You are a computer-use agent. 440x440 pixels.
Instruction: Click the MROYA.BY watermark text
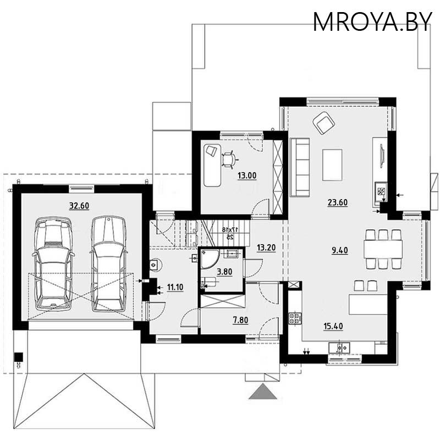[372, 21]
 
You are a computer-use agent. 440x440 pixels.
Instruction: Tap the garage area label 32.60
[79, 206]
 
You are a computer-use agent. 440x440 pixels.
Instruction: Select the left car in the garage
[53, 263]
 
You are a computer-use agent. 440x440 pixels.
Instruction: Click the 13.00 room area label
[246, 177]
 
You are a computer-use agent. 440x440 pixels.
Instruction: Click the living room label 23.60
[337, 202]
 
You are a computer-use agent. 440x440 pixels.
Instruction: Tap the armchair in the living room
[323, 123]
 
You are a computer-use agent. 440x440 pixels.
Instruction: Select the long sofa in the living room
[300, 167]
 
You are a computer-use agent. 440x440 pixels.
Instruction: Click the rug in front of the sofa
[332, 164]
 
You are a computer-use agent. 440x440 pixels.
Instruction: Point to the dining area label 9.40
[340, 250]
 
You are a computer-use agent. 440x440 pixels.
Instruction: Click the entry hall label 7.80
[240, 320]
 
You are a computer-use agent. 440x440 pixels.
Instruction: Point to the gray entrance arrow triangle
[262, 392]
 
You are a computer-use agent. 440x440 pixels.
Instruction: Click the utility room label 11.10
[174, 287]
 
